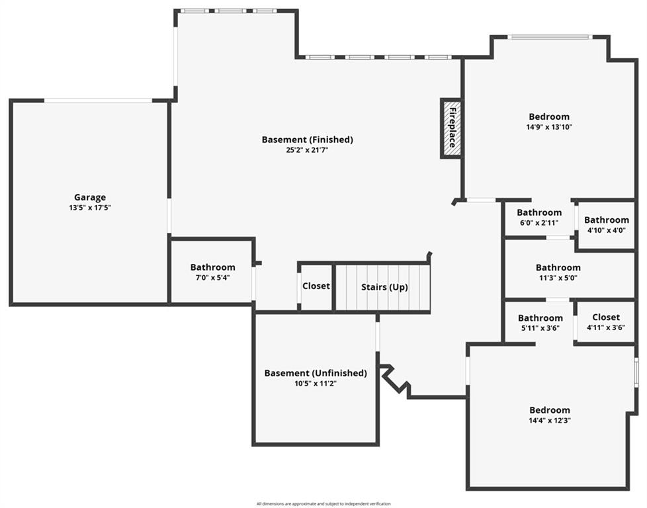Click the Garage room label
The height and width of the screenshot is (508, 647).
click(x=90, y=197)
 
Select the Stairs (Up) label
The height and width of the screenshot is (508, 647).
click(x=384, y=287)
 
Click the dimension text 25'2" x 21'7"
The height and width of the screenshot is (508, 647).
click(x=307, y=150)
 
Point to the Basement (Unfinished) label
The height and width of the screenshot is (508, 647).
click(x=316, y=373)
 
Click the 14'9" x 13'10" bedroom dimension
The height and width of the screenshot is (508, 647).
click(x=549, y=127)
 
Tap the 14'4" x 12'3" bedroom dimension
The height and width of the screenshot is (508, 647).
click(x=550, y=421)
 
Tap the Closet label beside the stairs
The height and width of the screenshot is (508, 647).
click(x=316, y=286)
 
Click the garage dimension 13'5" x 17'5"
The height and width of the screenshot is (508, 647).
click(x=90, y=208)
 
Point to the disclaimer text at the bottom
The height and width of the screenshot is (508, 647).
click(x=323, y=504)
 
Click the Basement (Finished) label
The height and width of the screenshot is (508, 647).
click(x=308, y=140)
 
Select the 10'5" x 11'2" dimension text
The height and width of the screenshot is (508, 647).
click(x=316, y=384)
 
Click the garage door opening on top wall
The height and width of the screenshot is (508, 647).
click(x=98, y=101)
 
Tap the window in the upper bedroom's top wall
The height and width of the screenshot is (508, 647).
click(x=549, y=37)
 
